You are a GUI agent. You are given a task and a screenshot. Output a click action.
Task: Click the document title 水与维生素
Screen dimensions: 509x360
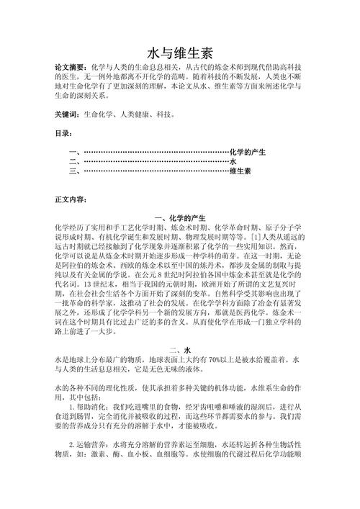pyautogui.click(x=179, y=53)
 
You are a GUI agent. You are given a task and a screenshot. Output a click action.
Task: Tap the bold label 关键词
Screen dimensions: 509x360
pyautogui.click(x=67, y=114)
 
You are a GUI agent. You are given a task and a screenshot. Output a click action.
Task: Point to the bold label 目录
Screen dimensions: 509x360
pyautogui.click(x=63, y=133)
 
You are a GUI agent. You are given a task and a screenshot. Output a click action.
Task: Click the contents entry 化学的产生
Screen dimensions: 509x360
pyautogui.click(x=248, y=153)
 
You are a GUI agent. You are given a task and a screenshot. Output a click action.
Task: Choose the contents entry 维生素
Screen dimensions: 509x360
pyautogui.click(x=240, y=171)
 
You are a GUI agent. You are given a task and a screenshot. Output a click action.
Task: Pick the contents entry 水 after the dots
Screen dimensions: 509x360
pyautogui.click(x=233, y=162)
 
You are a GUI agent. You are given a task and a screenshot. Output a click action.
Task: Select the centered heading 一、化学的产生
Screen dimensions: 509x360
pyautogui.click(x=180, y=217)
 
